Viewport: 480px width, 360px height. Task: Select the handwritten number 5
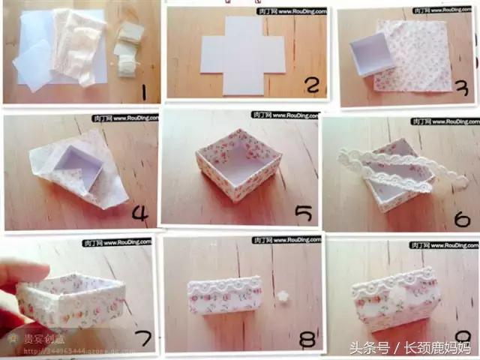coord(303,214)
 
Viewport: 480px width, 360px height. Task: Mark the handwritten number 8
coord(305,340)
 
